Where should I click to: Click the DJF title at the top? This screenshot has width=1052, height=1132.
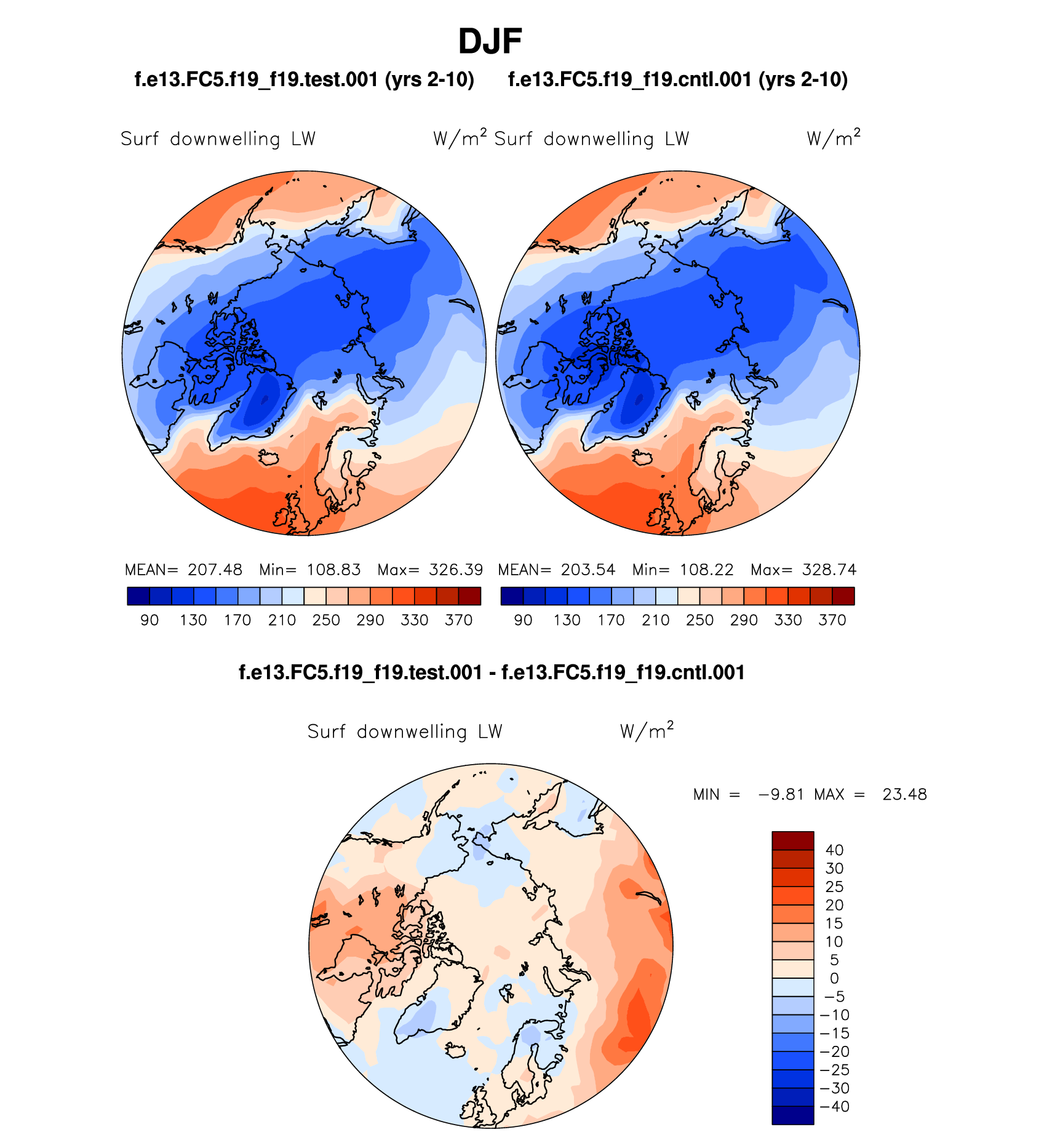pyautogui.click(x=490, y=42)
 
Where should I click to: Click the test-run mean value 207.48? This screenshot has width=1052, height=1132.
pyautogui.click(x=215, y=570)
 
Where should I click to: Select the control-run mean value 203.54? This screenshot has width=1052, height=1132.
pyautogui.click(x=588, y=570)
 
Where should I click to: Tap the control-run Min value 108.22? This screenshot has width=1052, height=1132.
pyautogui.click(x=707, y=570)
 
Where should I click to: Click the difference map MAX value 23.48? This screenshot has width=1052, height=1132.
pyautogui.click(x=904, y=794)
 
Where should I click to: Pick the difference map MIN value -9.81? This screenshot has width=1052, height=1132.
pyautogui.click(x=781, y=794)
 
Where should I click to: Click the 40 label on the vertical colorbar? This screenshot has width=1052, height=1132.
pyautogui.click(x=834, y=850)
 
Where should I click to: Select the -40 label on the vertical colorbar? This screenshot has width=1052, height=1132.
pyautogui.click(x=835, y=1107)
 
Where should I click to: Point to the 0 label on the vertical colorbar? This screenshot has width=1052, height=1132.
pyautogui.click(x=834, y=978)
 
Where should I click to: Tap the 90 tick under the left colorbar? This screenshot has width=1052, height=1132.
pyautogui.click(x=149, y=620)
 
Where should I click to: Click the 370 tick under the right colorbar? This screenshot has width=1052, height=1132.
pyautogui.click(x=832, y=620)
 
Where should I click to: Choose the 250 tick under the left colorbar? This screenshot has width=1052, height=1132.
pyautogui.click(x=326, y=620)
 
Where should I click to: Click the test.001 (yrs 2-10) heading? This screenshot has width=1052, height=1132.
pyautogui.click(x=305, y=79)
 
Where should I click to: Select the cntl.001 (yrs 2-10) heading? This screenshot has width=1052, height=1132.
pyautogui.click(x=678, y=79)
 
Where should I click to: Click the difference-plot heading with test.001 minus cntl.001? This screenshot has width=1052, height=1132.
pyautogui.click(x=492, y=672)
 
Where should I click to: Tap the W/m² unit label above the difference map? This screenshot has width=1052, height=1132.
pyautogui.click(x=647, y=731)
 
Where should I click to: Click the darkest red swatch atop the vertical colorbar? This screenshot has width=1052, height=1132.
pyautogui.click(x=793, y=840)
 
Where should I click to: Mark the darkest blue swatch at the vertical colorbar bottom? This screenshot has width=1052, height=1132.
pyautogui.click(x=793, y=1115)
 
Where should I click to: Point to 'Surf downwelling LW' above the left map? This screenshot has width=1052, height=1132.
pyautogui.click(x=218, y=139)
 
